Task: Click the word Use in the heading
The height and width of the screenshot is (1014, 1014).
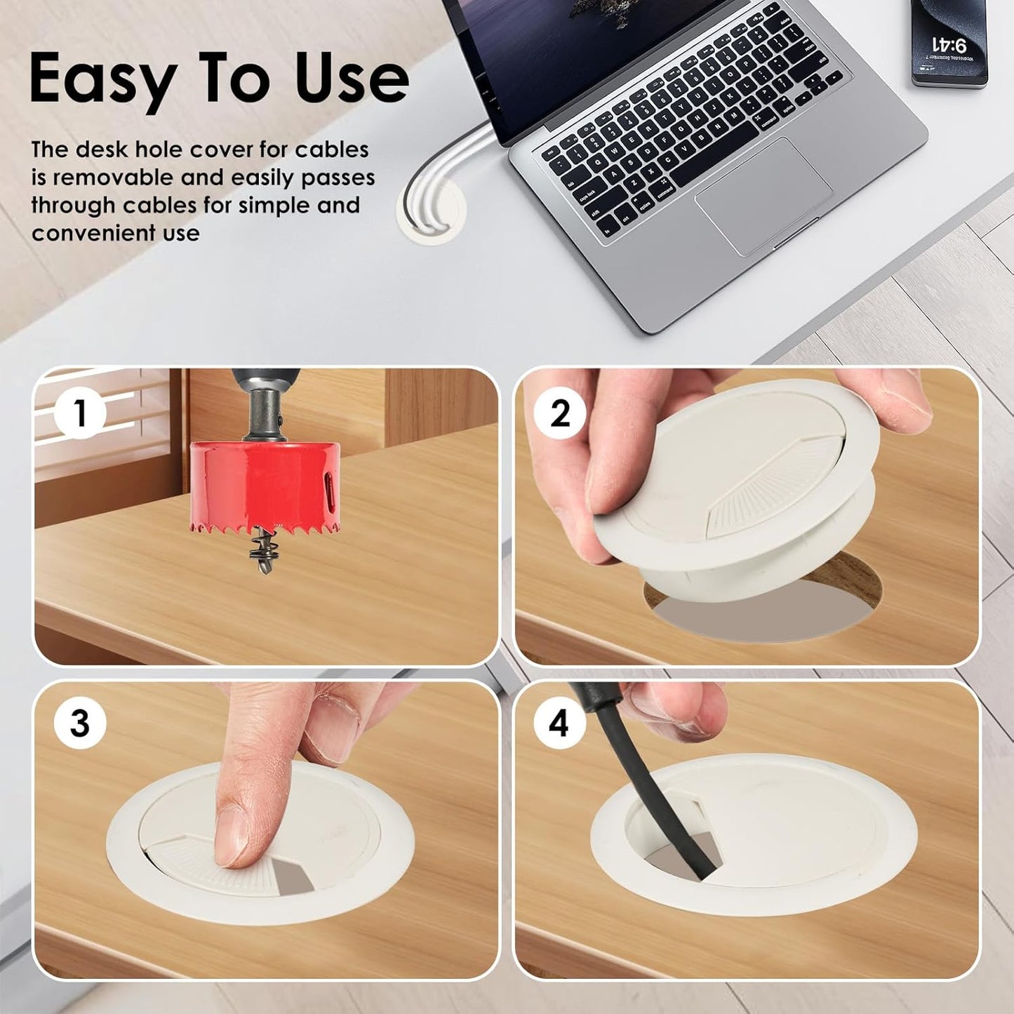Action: coord(351,79)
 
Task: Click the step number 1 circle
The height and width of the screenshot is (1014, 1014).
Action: coord(80,413)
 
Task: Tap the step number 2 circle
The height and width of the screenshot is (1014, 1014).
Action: coord(559,413)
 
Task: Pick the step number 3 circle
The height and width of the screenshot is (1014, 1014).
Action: coord(80,723)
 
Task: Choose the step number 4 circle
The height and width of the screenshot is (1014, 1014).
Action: coord(559,723)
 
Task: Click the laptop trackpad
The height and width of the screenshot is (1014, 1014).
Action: coord(763,195)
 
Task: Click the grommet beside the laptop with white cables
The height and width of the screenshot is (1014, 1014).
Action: coord(432,212)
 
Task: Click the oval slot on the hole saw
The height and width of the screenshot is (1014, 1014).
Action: coord(328,486)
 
